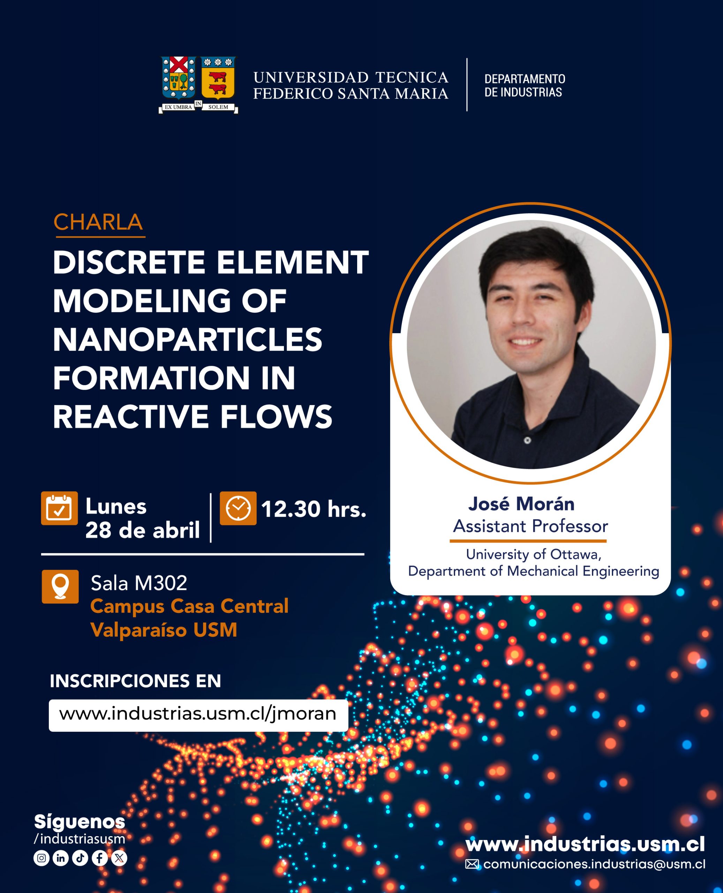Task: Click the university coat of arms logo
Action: (x=198, y=85)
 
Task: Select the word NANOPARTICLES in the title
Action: (x=187, y=339)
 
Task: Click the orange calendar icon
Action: (x=59, y=508)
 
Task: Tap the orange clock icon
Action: (x=238, y=508)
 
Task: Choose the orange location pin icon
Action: (x=60, y=586)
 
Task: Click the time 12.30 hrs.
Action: (x=314, y=509)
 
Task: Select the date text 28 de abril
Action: (x=142, y=530)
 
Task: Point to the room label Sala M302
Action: (x=139, y=583)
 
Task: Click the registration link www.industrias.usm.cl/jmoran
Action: (x=198, y=714)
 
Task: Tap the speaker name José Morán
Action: (x=521, y=504)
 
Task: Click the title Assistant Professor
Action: (x=530, y=526)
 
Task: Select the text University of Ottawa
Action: (x=533, y=554)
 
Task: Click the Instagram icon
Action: (x=41, y=858)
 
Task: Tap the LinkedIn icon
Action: (x=61, y=858)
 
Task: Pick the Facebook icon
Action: (x=99, y=858)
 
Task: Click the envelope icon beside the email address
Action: (x=472, y=864)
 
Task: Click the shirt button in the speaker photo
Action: (x=527, y=440)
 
